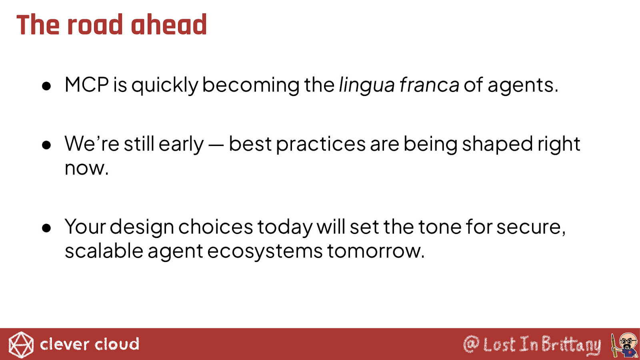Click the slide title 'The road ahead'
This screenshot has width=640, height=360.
112,24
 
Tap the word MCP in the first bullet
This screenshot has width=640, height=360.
86,84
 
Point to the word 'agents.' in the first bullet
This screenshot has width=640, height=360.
523,85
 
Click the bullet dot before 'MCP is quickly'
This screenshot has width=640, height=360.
46,86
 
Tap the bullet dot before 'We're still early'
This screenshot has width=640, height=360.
46,145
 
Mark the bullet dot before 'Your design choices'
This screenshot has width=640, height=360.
46,228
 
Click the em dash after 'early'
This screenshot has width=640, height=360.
216,146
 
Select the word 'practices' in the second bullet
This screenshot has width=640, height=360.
321,144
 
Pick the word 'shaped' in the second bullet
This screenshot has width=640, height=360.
498,144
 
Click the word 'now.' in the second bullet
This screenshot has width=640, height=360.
86,168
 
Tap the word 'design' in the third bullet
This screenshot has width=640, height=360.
142,228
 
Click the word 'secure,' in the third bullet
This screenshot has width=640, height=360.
531,228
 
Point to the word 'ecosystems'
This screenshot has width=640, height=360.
265,252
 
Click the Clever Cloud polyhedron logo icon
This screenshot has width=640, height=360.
21,345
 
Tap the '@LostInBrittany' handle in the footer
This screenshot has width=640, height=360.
532,344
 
